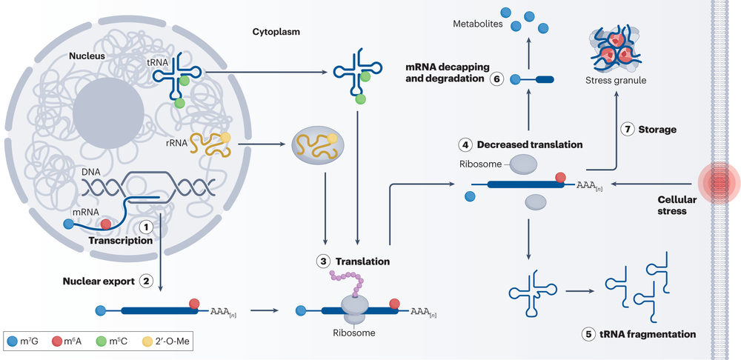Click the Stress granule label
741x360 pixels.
tap(615, 80)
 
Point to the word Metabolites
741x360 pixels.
tap(477, 25)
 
